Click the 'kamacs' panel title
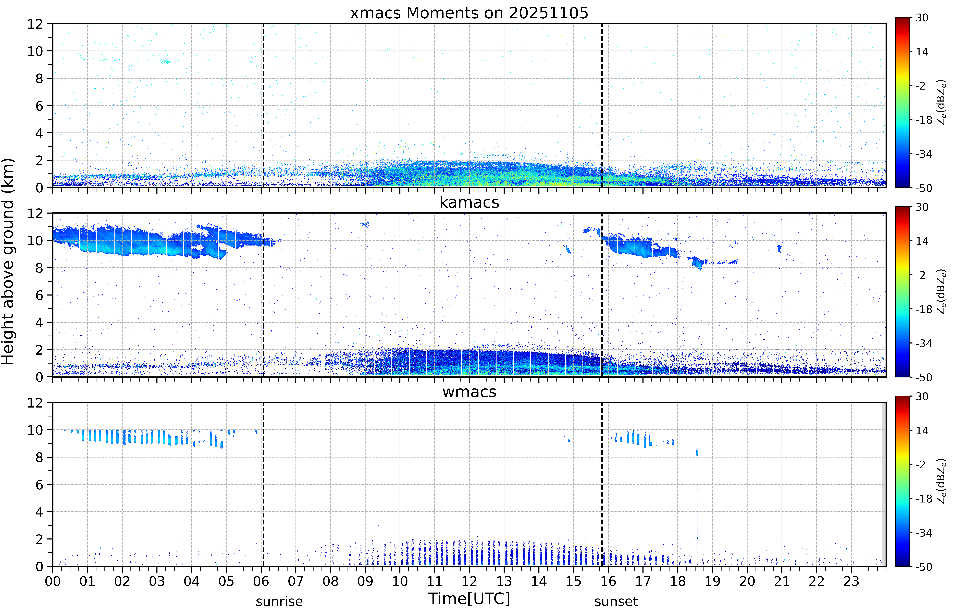tap(469, 202)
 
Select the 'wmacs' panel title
tap(469, 392)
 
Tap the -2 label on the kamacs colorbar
tap(921, 275)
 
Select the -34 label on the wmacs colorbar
tap(924, 533)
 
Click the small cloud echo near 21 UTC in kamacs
tap(778, 249)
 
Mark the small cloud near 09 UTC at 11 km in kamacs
tap(365, 224)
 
